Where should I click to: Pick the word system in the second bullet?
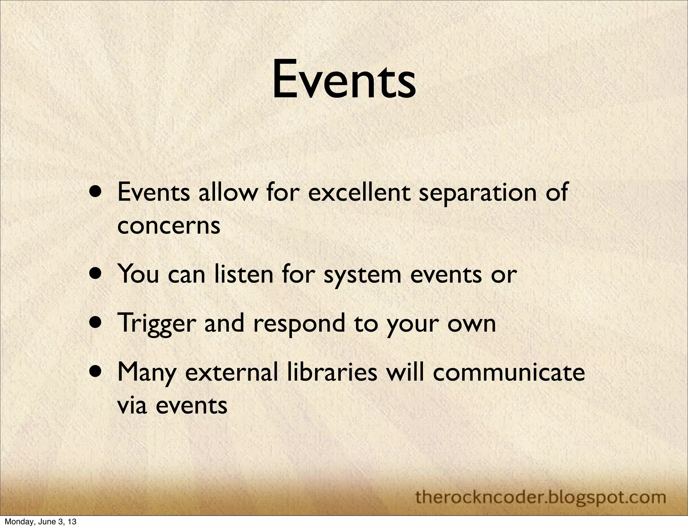click(362, 275)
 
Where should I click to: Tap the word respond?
click(299, 324)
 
